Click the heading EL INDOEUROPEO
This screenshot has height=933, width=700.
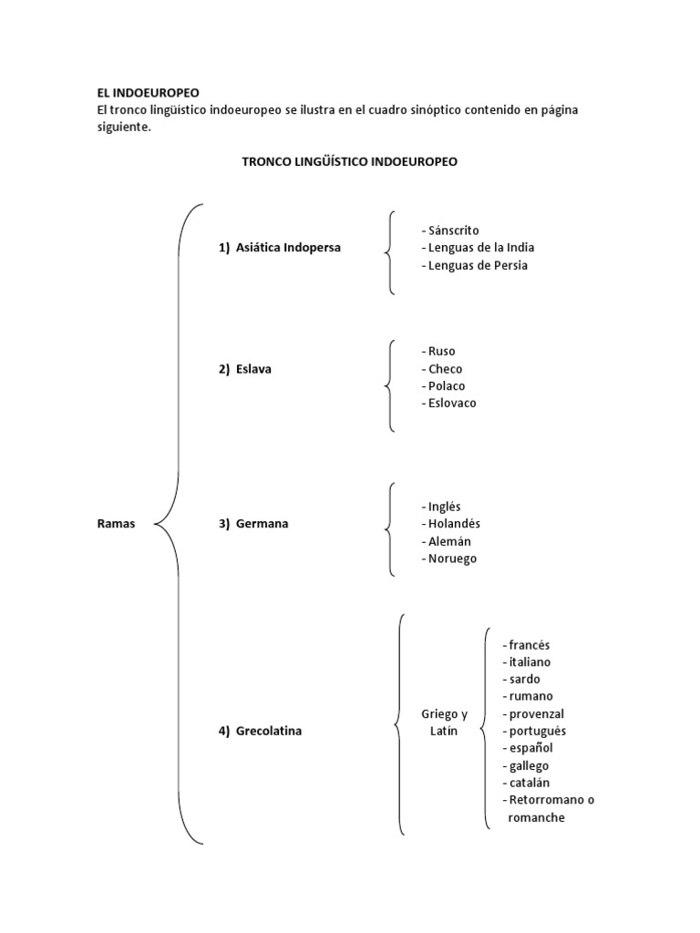point(148,92)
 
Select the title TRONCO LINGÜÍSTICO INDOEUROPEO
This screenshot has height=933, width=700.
point(349,161)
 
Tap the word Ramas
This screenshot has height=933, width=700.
point(116,523)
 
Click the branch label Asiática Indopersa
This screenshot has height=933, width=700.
point(288,247)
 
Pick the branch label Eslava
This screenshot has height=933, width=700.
point(253,369)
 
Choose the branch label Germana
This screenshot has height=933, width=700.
point(262,523)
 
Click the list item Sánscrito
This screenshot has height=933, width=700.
point(453,231)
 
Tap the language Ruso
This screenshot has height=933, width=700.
point(441,351)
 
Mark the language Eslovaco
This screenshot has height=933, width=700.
point(452,403)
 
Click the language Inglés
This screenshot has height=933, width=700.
point(445,507)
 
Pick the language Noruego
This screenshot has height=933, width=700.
point(452,559)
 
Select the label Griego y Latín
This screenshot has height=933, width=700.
point(444,723)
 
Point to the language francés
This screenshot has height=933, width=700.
point(530,644)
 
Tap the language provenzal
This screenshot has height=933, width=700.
point(537,713)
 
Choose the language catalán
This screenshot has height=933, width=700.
point(530,783)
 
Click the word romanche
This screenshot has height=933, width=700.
point(536,817)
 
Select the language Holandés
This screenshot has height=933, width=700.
point(454,524)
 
